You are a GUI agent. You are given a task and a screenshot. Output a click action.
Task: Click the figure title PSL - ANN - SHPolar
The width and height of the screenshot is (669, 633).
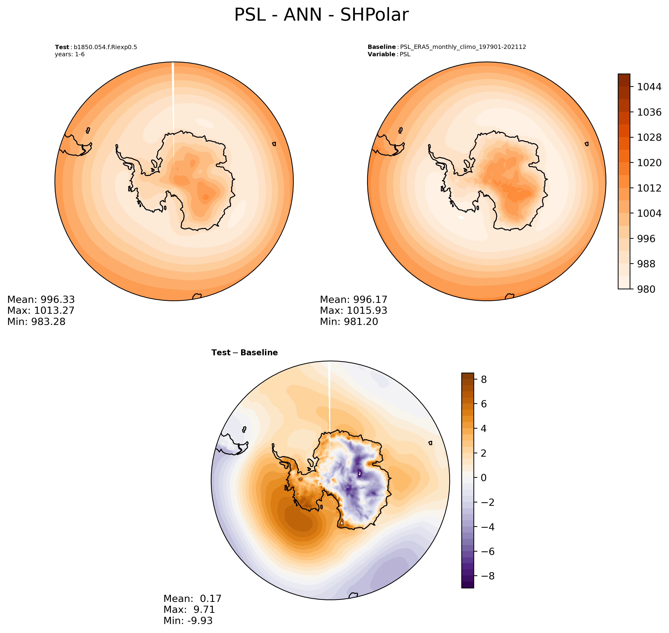tap(321, 15)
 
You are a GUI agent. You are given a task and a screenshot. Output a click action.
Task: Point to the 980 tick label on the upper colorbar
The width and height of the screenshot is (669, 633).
tap(646, 289)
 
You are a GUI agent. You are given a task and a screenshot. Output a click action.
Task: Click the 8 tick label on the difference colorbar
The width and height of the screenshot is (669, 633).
tap(484, 380)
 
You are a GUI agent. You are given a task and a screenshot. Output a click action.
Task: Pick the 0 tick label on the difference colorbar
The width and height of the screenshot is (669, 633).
tap(484, 478)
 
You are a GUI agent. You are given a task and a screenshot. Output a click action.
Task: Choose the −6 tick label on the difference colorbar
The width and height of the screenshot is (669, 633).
tap(485, 552)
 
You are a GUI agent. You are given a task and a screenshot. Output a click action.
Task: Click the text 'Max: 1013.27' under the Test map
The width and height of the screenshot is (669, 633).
tap(41, 311)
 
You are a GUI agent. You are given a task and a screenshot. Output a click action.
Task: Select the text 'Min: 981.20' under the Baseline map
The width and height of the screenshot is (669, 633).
tap(349, 322)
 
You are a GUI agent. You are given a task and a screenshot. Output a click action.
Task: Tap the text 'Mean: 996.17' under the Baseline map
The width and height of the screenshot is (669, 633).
tap(353, 300)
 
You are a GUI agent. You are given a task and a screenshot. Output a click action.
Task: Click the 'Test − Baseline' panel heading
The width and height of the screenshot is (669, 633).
tap(244, 353)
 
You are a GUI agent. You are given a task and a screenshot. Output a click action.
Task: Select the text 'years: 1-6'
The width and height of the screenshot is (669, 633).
tap(70, 54)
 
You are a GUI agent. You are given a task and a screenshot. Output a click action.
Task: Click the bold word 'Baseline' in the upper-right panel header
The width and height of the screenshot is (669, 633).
tap(381, 47)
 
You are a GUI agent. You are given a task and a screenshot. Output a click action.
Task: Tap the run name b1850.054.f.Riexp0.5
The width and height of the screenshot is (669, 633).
tap(105, 47)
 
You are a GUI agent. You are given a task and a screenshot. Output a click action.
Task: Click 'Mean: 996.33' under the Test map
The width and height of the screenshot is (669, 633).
tap(41, 300)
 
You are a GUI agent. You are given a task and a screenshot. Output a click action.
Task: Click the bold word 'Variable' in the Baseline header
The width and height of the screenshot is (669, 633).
tap(381, 54)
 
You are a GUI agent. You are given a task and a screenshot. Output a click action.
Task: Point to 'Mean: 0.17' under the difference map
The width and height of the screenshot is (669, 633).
tap(192, 599)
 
